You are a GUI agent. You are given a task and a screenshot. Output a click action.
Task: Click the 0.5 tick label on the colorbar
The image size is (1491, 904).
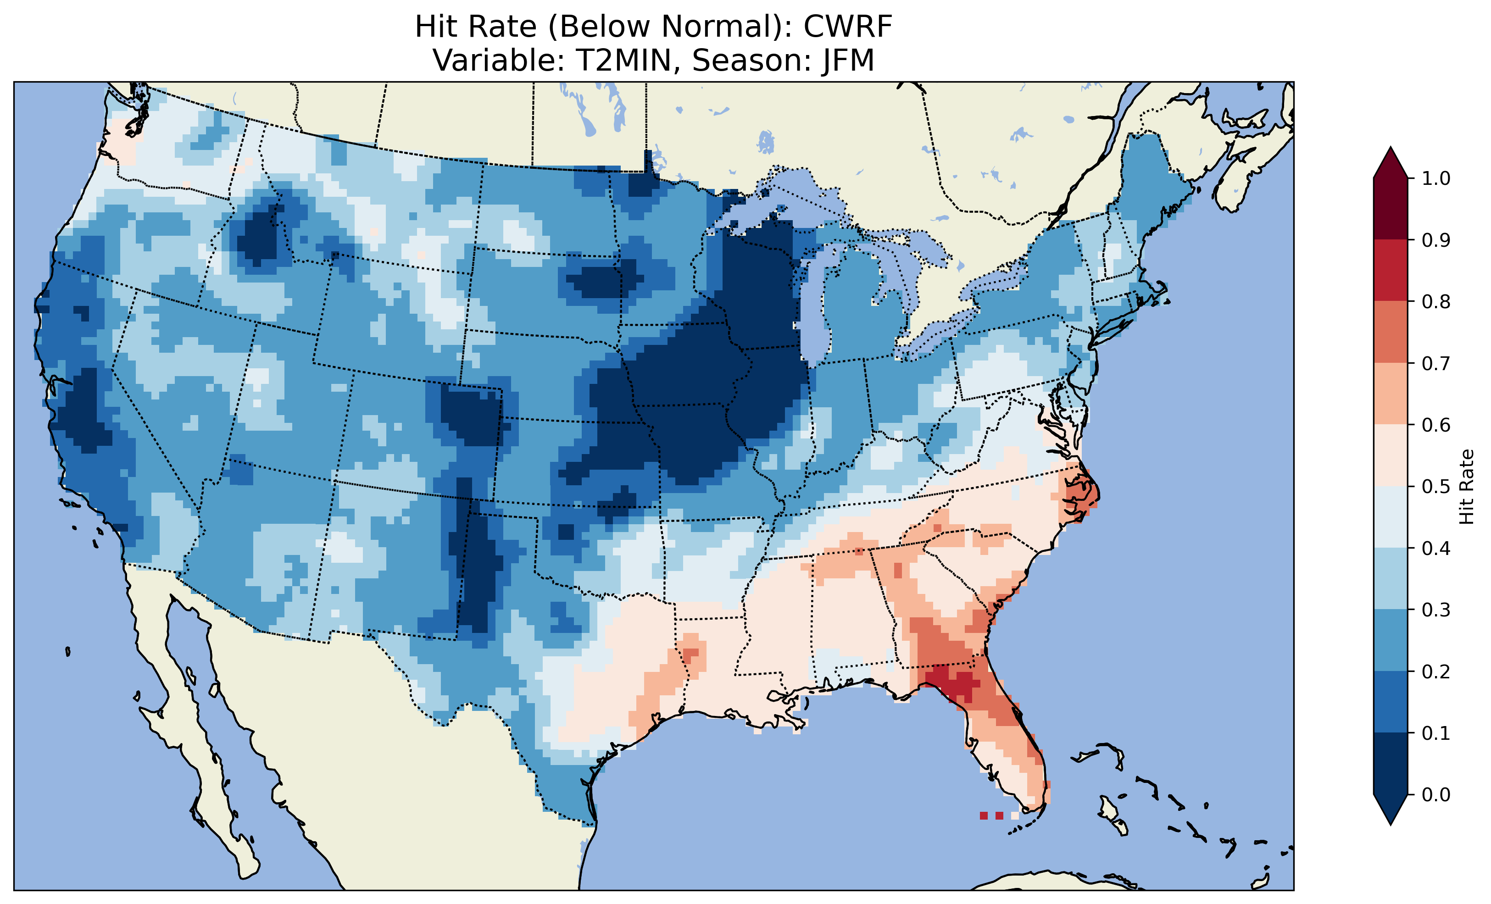pos(1436,487)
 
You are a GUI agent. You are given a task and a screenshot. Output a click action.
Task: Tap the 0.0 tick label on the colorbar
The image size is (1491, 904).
pos(1436,794)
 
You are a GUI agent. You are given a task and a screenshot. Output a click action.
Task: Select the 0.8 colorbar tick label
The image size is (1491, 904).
pos(1436,301)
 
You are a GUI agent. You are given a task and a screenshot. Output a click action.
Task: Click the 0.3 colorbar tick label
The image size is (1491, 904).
pos(1436,610)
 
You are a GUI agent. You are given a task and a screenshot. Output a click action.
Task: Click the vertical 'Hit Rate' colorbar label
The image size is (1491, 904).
pos(1466,487)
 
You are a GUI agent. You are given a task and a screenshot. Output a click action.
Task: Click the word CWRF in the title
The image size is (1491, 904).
pos(848,27)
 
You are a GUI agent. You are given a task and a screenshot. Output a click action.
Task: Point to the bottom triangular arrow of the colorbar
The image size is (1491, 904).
pos(1391,809)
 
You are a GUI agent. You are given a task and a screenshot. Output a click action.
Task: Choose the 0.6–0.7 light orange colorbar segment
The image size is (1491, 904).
pos(1391,394)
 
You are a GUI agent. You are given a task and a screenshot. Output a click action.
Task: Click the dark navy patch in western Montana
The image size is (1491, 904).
pos(260,236)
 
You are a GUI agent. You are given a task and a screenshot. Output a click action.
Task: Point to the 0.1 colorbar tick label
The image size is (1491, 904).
pos(1436,733)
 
